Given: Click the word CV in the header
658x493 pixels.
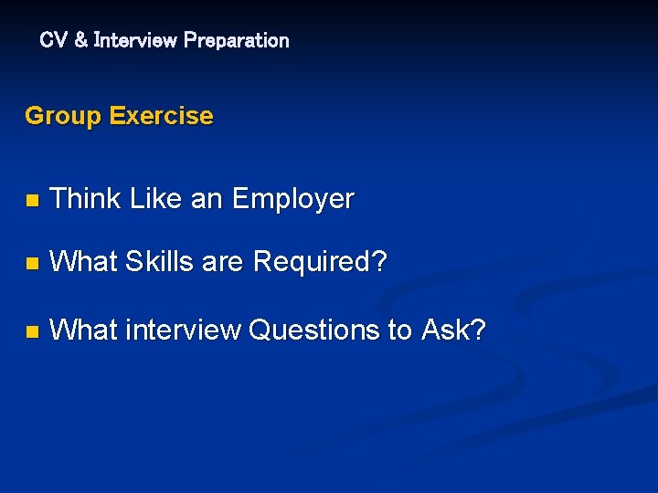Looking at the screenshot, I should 51,40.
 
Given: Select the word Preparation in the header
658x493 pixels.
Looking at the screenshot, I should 236,40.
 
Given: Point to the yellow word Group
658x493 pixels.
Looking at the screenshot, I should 63,116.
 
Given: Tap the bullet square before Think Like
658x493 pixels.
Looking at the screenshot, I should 32,200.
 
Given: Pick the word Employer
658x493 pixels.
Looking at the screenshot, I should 292,199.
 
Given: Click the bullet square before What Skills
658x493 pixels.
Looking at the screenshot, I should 32,264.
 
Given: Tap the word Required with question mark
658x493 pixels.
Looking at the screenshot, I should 320,263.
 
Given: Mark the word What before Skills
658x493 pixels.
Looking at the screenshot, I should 84,262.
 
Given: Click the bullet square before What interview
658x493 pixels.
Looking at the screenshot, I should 32,331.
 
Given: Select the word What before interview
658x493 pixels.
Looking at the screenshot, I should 84,330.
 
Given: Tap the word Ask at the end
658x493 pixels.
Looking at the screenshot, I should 453,330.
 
